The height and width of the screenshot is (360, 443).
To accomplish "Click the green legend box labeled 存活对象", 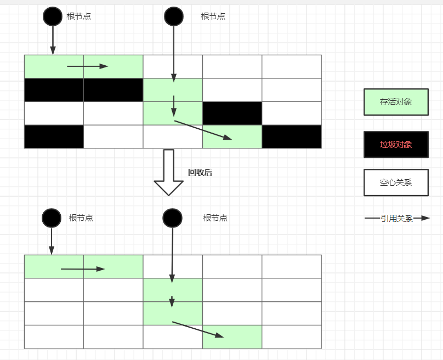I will pos(396,102).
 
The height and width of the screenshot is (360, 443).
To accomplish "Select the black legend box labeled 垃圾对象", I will pos(396,145).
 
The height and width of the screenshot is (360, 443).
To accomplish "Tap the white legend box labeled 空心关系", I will pos(396,182).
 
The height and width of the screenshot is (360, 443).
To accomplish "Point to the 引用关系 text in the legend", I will pos(397,218).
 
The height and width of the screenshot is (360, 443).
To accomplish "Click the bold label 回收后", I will pos(200,172).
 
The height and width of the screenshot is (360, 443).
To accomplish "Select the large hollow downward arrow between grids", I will pos(168,172).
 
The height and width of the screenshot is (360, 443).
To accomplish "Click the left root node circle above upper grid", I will pos(53,16).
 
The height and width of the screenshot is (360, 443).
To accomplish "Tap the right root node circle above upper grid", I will pos(173,16).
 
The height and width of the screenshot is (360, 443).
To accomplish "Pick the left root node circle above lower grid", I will pos(52,218).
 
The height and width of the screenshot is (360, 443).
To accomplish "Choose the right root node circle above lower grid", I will pos(172,218).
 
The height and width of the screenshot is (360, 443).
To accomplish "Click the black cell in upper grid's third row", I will pos(232,113).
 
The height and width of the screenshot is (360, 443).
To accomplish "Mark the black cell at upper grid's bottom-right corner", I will pos(291,136).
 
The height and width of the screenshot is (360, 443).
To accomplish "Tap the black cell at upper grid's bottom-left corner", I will pos(54,136).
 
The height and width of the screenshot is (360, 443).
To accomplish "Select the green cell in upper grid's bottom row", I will pos(232,136).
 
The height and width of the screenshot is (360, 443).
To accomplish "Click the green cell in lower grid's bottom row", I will pos(232,336).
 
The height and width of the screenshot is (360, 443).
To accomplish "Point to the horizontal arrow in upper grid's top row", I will pos(87,66).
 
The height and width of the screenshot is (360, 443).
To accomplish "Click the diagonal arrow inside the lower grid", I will pos(198,329).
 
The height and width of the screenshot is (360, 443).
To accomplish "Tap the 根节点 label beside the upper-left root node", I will pos(79,16).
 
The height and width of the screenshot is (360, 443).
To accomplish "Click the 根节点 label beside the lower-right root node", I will pos(215,218).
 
